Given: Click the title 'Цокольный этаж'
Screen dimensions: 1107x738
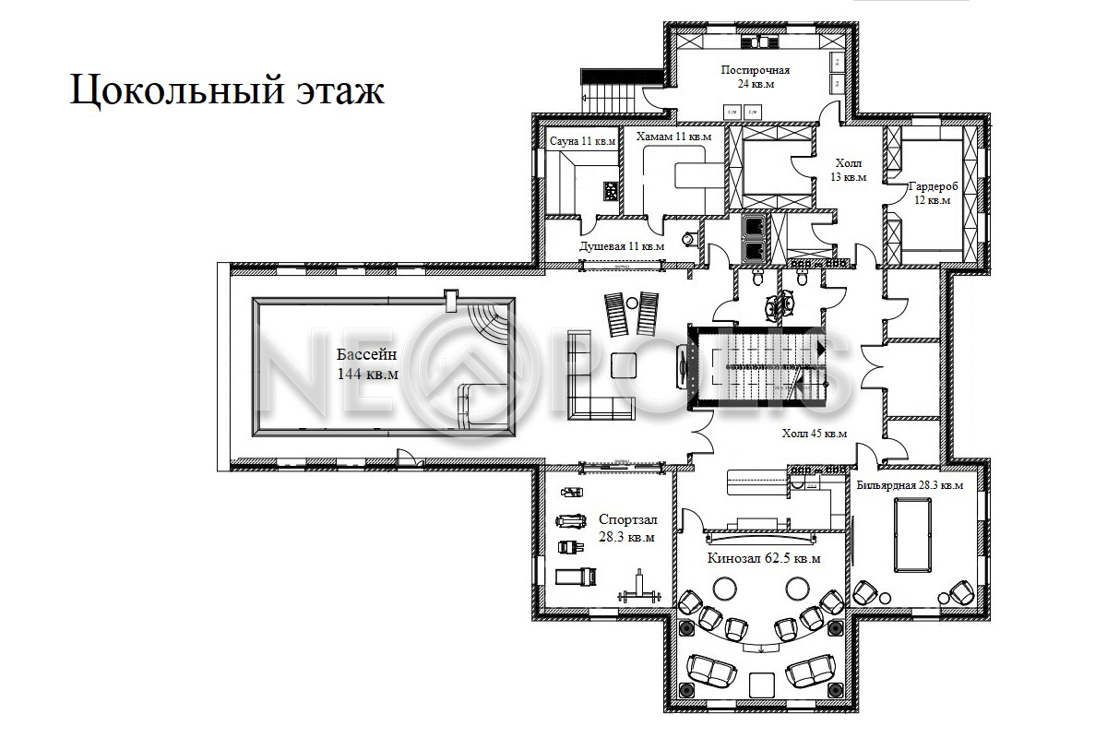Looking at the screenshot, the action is coord(227,90).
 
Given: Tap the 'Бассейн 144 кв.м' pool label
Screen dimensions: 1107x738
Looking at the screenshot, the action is coord(367,363).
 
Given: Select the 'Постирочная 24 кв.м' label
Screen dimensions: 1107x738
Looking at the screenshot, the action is coord(756,77).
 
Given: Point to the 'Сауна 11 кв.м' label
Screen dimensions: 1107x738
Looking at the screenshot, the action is coord(583,141).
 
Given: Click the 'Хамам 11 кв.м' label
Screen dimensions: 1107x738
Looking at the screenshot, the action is coord(673,137).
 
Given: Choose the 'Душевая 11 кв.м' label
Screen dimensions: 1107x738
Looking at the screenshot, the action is coord(622,246).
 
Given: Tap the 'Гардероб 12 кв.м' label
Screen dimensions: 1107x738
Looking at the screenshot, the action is coord(933,194).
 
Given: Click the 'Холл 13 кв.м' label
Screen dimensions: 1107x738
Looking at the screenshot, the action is coord(849,170).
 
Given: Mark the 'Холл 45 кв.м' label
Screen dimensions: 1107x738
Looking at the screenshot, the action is coord(814,434).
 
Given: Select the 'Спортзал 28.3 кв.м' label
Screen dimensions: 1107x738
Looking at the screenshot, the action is coord(627,528).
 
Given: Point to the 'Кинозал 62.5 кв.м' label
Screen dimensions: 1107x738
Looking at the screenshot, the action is coord(764,558).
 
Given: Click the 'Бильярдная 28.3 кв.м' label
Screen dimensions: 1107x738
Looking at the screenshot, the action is coord(910,485).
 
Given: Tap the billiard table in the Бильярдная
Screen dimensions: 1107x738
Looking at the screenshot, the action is coord(912,535).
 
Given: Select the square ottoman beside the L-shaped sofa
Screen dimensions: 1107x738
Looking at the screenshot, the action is coord(624,365).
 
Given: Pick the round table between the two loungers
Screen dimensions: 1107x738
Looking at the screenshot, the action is coord(632,303).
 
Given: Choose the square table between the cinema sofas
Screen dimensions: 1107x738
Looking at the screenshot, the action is coord(762,685).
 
